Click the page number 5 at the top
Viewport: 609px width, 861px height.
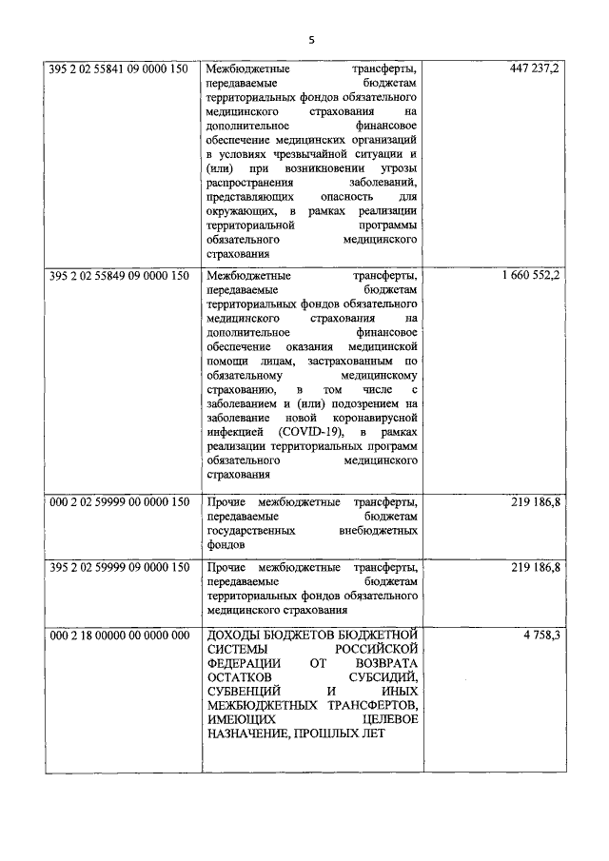310,39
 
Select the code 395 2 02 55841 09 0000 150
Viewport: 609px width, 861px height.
119,69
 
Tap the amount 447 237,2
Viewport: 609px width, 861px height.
535,69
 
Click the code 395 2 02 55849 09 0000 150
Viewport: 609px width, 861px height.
119,275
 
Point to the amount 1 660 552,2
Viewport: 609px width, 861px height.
529,275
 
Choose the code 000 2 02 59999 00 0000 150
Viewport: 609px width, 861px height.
119,502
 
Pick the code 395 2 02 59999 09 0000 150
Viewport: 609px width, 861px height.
119,568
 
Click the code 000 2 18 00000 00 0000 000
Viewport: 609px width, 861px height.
119,635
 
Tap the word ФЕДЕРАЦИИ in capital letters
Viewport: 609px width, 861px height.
243,663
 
